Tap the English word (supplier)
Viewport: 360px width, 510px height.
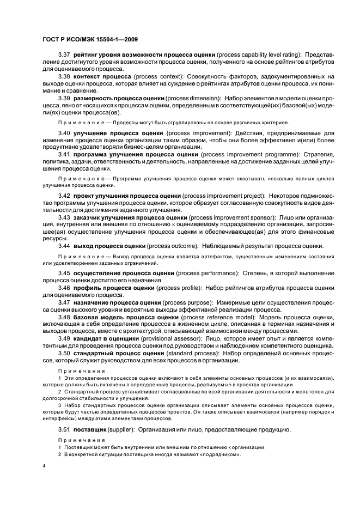click(x=119, y=430)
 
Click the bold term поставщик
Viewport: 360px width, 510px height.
click(x=89, y=430)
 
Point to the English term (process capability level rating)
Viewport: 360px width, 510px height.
click(x=259, y=56)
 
